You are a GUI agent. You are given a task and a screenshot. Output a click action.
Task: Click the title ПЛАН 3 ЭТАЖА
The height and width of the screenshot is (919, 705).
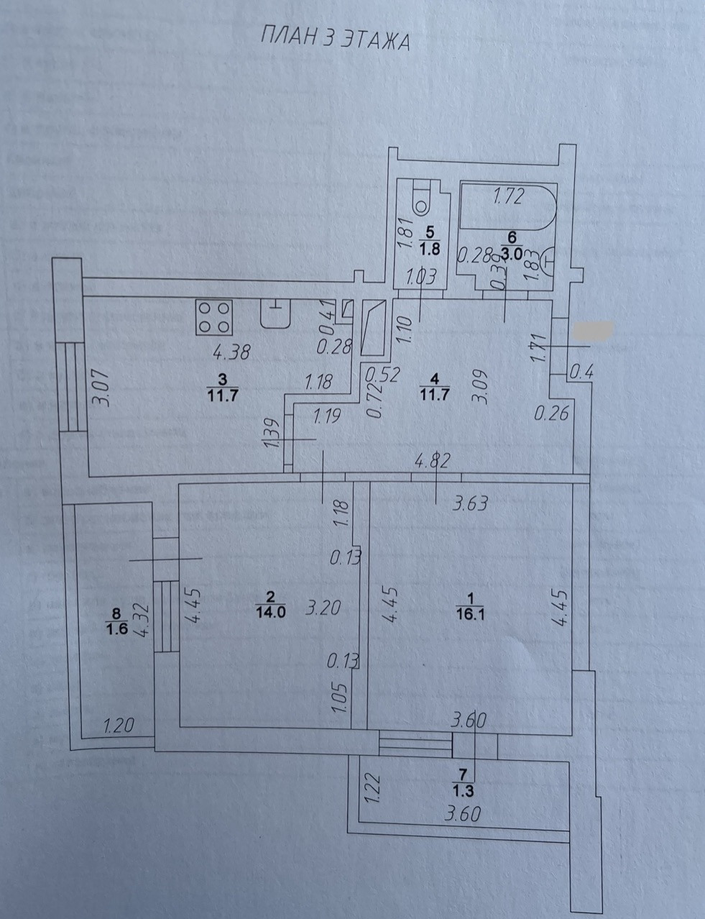(334, 40)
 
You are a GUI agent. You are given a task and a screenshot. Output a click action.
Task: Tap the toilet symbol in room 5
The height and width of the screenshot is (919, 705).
(420, 199)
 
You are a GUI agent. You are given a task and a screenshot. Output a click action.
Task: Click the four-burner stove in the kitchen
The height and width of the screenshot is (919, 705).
(215, 317)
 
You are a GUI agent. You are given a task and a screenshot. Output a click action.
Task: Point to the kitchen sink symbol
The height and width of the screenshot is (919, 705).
(275, 314)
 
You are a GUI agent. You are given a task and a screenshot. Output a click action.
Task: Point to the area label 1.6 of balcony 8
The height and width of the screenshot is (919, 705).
(116, 629)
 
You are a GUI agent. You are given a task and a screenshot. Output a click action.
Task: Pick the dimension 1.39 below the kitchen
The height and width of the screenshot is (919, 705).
(272, 433)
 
